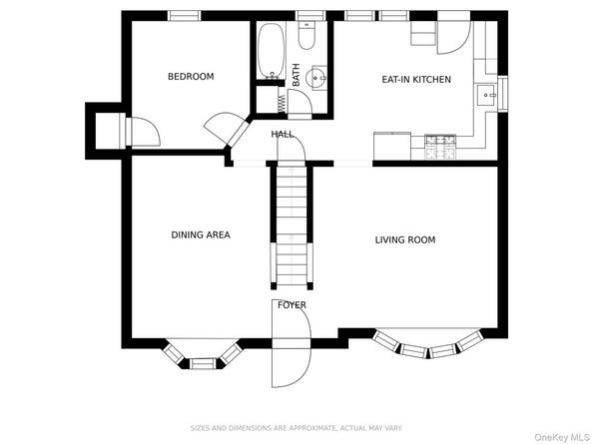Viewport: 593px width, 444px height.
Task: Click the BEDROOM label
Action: pos(191,77)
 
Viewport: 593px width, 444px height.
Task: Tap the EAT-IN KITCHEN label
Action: pos(416,80)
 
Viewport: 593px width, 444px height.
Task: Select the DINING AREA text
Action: pos(201,235)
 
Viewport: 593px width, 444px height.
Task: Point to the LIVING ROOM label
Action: pos(405,239)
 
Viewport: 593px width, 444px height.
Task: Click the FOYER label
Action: pos(292,305)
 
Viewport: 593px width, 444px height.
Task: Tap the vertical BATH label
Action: pos(296,75)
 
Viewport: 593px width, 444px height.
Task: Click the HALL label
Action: pos(283,134)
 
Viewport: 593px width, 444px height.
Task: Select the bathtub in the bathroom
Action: pos(271,51)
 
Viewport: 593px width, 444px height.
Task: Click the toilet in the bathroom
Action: pos(306,35)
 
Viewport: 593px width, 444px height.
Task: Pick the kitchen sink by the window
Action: pos(486,95)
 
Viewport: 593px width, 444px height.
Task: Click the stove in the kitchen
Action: pos(440,147)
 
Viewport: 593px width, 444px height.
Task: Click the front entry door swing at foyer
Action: pos(292,343)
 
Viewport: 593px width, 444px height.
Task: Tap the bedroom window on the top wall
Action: pos(184,16)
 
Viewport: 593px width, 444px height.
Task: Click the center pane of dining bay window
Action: pos(202,363)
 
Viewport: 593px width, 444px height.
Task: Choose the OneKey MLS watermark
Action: pos(562,438)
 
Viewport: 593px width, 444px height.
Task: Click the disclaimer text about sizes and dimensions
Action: pos(296,428)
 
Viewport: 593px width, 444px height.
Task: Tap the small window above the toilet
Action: pos(310,16)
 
